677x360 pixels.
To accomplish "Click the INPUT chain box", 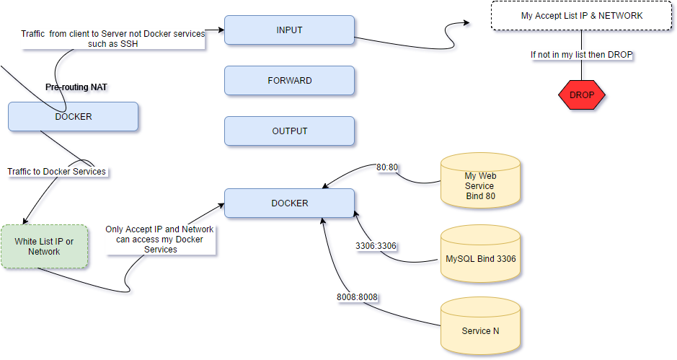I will click(x=289, y=30).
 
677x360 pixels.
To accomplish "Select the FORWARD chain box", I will click(x=289, y=81).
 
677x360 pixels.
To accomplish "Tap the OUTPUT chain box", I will click(x=289, y=131).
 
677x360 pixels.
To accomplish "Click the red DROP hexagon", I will click(x=581, y=95).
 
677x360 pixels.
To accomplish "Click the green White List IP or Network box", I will click(x=44, y=247).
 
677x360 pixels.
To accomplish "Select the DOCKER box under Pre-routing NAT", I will click(x=73, y=116).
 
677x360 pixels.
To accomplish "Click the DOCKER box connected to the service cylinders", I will click(x=289, y=203).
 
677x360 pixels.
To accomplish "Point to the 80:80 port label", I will click(x=388, y=167).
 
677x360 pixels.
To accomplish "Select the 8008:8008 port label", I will click(x=358, y=297).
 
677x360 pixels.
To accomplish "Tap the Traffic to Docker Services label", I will click(x=56, y=172).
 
